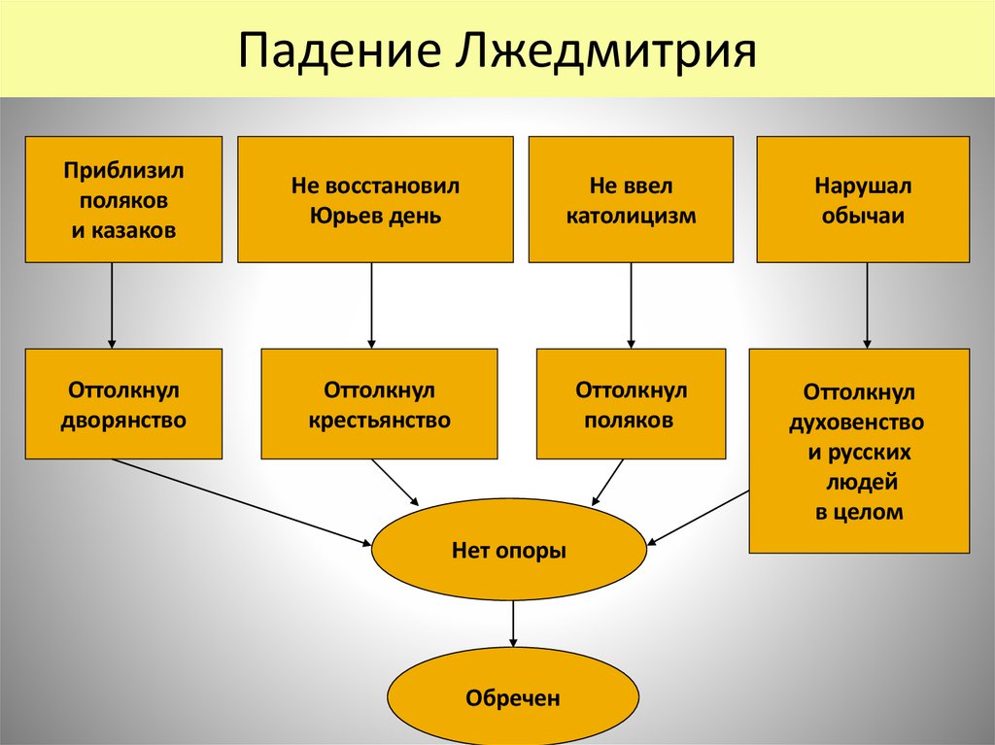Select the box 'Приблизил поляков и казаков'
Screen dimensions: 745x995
[123, 199]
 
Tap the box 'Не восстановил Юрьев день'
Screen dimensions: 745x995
[375, 199]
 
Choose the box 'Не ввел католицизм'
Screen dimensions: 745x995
[631, 199]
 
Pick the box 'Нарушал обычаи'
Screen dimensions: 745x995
[863, 199]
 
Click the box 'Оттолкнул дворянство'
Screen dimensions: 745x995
[123, 404]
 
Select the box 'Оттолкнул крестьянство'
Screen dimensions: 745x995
[379, 404]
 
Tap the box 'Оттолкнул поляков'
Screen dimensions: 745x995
[631, 404]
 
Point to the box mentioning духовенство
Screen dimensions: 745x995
[859, 451]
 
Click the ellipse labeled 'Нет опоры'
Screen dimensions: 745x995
[509, 551]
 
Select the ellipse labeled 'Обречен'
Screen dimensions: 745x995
[513, 696]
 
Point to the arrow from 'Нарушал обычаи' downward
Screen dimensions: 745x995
[867, 305]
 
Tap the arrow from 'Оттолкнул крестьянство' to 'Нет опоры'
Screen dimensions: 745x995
[395, 482]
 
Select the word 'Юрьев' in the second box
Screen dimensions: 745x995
[343, 216]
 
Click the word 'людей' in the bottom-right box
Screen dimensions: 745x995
[858, 483]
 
